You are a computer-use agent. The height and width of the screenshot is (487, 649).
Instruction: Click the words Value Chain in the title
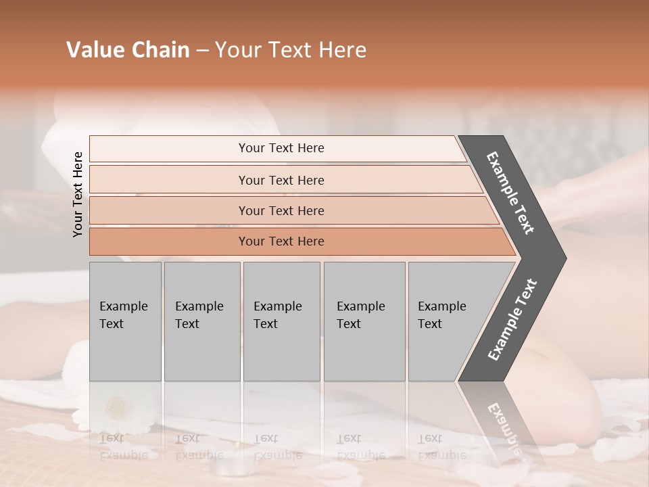coord(128,50)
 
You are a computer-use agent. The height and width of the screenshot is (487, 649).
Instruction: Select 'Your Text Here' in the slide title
coord(291,50)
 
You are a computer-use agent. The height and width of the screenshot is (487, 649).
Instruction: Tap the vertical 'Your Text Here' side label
coord(78,194)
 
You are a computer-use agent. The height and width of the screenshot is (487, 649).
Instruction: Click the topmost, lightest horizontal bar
coord(281,148)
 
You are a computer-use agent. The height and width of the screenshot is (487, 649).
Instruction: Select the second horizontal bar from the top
coord(281,180)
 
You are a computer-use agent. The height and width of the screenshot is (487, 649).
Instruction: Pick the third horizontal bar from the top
coord(281,210)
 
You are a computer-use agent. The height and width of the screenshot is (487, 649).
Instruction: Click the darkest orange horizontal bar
coord(281,241)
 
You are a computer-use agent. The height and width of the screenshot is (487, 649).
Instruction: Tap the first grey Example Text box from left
coord(125,321)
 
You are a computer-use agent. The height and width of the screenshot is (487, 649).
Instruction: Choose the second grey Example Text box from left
coord(202,321)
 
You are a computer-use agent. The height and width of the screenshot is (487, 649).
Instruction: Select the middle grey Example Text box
coord(281,321)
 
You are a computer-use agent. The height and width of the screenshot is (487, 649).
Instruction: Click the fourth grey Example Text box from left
coord(364,321)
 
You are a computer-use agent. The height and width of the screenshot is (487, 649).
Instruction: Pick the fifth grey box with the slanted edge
coord(446,321)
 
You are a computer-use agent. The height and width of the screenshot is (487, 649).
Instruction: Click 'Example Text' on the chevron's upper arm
coord(510,193)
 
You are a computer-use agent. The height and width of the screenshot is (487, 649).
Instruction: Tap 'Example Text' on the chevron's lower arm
coord(512,320)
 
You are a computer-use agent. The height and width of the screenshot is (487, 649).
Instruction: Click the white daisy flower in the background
coord(119,408)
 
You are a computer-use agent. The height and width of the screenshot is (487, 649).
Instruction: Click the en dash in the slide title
coord(202,51)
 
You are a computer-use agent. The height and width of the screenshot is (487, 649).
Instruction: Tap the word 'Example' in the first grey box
coord(123,306)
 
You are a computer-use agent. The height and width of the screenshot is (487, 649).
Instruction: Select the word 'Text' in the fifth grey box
coord(430,324)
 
